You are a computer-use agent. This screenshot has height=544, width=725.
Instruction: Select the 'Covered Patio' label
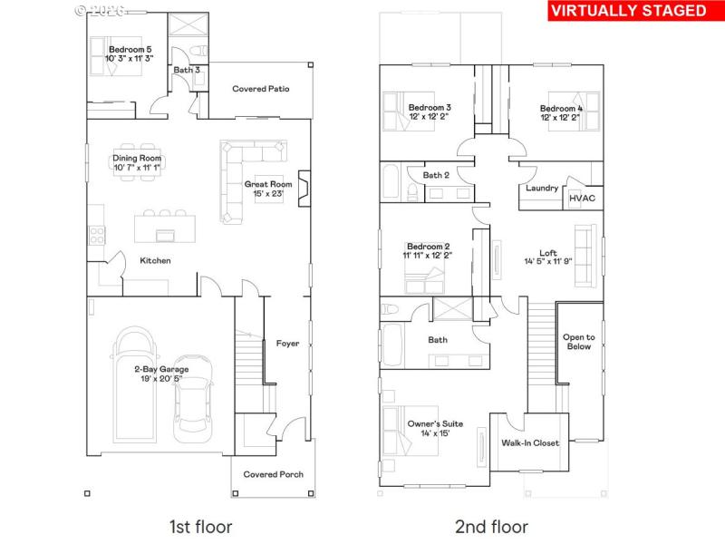click(x=261, y=89)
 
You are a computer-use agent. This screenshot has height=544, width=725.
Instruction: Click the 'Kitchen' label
click(x=155, y=261)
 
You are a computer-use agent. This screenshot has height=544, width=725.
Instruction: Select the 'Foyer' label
click(x=287, y=344)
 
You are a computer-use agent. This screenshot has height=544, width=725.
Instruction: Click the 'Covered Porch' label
click(x=275, y=474)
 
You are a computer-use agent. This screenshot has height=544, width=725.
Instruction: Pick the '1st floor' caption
click(x=200, y=526)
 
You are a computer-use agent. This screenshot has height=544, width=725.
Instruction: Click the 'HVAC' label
click(x=582, y=199)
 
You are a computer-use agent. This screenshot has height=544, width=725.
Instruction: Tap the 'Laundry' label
click(x=541, y=189)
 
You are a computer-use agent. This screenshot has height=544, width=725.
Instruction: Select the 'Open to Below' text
click(x=578, y=341)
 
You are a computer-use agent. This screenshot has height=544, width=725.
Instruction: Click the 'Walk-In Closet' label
click(x=530, y=443)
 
